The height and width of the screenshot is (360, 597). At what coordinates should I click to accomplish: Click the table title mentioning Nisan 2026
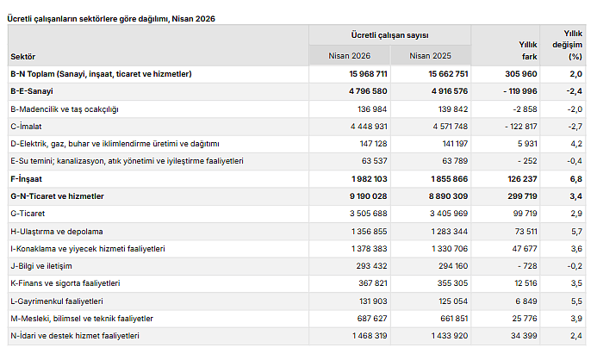pyautogui.click(x=111, y=19)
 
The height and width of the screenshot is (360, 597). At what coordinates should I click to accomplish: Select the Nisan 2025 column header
pyautogui.click(x=430, y=56)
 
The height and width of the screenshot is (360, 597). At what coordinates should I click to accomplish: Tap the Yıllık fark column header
pyautogui.click(x=528, y=51)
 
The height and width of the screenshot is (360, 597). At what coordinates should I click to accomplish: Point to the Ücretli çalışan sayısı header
pyautogui.click(x=390, y=35)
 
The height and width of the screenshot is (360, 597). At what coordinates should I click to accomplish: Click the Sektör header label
pyautogui.click(x=23, y=57)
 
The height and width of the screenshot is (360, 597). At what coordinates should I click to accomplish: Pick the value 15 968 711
pyautogui.click(x=368, y=74)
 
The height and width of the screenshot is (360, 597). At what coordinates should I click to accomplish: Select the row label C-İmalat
pyautogui.click(x=26, y=127)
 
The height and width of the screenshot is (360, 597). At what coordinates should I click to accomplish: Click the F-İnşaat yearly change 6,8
pyautogui.click(x=576, y=179)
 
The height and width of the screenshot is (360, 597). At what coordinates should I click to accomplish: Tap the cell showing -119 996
pyautogui.click(x=520, y=91)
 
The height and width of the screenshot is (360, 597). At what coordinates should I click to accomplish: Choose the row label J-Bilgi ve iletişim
pyautogui.click(x=41, y=266)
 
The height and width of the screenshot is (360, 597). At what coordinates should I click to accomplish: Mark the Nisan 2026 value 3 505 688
pyautogui.click(x=368, y=214)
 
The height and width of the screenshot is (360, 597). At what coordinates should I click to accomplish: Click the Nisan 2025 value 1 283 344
pyautogui.click(x=450, y=232)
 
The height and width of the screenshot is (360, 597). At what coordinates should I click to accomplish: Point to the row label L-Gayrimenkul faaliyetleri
pyautogui.click(x=57, y=301)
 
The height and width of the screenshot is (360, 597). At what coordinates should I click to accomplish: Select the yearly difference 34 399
pyautogui.click(x=524, y=336)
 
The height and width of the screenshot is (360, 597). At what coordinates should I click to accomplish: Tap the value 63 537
pyautogui.click(x=374, y=161)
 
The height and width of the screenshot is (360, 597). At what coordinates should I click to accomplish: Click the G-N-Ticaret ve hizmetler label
pyautogui.click(x=57, y=196)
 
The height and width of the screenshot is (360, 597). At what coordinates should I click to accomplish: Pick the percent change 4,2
pyautogui.click(x=576, y=144)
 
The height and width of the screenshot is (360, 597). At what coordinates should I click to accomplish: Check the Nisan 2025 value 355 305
pyautogui.click(x=452, y=283)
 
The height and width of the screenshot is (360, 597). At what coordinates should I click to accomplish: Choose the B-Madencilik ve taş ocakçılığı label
pyautogui.click(x=65, y=109)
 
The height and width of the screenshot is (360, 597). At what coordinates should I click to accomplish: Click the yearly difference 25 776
pyautogui.click(x=525, y=319)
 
